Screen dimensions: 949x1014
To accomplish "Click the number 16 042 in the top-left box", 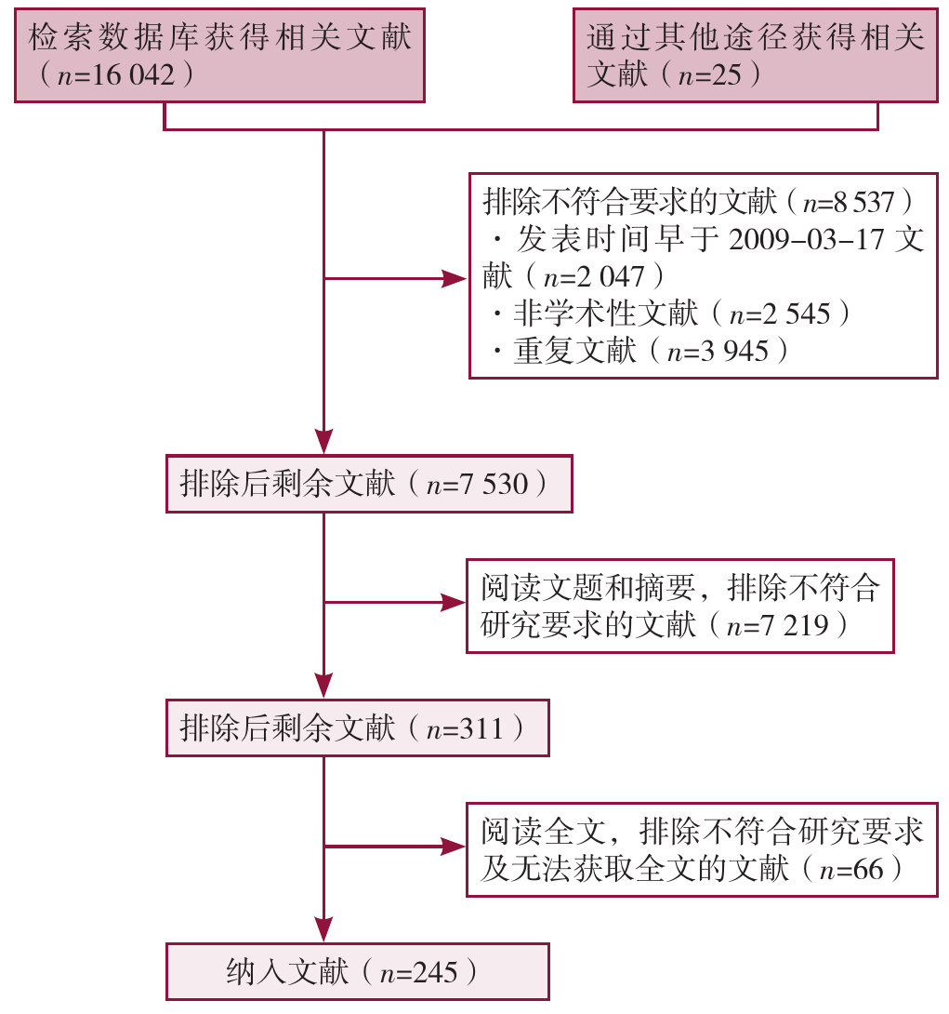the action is pyautogui.click(x=133, y=75).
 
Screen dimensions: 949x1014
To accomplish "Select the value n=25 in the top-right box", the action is pyautogui.click(x=709, y=75).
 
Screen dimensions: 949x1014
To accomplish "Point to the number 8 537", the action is pyautogui.click(x=863, y=203).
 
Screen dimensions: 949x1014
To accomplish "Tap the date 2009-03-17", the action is pyautogui.click(x=806, y=239).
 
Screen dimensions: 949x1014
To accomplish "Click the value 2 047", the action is pyautogui.click(x=611, y=277).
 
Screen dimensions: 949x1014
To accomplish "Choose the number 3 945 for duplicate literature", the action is pyautogui.click(x=734, y=351).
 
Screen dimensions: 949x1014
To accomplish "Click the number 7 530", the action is pyautogui.click(x=494, y=484).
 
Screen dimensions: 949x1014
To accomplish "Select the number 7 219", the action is pyautogui.click(x=794, y=625).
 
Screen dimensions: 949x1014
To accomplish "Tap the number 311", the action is pyautogui.click(x=481, y=728).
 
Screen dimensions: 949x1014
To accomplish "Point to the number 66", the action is pyautogui.click(x=868, y=869).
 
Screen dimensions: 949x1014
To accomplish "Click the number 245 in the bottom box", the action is pyautogui.click(x=435, y=973).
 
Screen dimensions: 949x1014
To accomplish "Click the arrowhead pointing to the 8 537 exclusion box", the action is pyautogui.click(x=455, y=279).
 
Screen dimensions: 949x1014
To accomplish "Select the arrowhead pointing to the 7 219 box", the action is pyautogui.click(x=453, y=602).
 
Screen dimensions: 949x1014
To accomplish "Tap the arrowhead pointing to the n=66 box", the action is pyautogui.click(x=453, y=846).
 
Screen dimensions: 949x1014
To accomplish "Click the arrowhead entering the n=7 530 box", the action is pyautogui.click(x=323, y=442).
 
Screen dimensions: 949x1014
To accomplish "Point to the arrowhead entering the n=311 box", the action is pyautogui.click(x=323, y=686).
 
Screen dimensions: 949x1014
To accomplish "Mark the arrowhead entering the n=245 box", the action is pyautogui.click(x=323, y=929).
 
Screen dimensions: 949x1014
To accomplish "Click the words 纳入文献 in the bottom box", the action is pyautogui.click(x=287, y=972).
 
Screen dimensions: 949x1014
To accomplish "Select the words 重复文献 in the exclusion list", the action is pyautogui.click(x=575, y=351).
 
